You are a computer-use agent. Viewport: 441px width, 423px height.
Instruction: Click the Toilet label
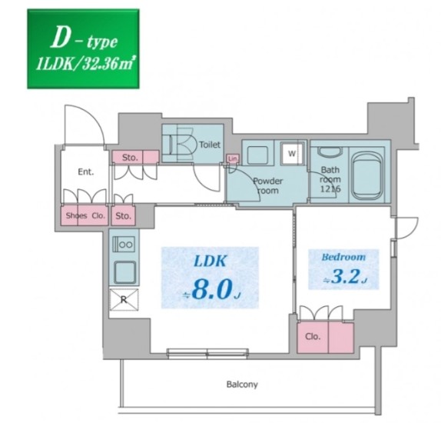coord(210,145)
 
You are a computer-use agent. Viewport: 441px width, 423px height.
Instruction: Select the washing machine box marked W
coord(293,154)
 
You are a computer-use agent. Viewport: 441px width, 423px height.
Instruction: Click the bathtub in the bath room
coord(367,175)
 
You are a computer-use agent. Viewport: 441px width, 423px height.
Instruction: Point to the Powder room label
coord(268,185)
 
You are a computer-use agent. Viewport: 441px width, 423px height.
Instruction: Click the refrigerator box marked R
coord(124,300)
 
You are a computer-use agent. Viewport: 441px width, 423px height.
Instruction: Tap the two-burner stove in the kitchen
coord(124,245)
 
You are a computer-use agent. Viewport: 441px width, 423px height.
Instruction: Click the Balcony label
coord(242,384)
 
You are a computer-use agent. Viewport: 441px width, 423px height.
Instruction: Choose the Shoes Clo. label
coord(85,215)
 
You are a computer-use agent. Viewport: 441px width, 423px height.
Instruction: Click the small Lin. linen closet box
coord(233,158)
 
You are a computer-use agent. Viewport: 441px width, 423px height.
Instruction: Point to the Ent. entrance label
coord(86,172)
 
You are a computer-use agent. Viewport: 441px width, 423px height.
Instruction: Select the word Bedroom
coord(343,257)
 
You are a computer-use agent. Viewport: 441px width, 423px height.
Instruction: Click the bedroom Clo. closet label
coord(313,336)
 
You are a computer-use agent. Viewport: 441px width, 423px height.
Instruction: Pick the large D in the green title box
coord(60,39)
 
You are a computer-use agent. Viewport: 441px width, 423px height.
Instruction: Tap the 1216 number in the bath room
coord(330,188)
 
